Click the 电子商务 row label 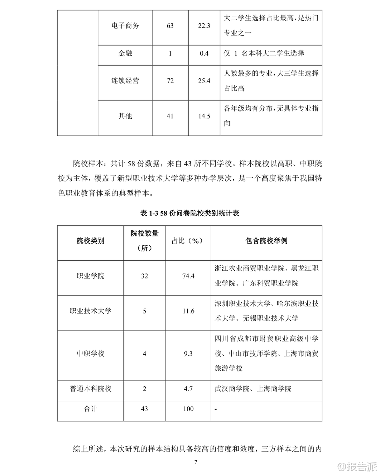125,26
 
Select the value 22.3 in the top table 204,26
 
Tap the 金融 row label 125,54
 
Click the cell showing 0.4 204,54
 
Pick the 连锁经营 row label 125,81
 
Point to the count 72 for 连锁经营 170,81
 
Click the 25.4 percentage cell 204,81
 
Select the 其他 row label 125,116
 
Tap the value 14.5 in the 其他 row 204,116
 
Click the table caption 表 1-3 189,213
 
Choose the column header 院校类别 90,241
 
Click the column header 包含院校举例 266,241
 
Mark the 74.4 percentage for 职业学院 188,276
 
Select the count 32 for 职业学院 144,276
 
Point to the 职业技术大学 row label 90,311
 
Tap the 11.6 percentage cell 188,311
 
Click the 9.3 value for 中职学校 188,354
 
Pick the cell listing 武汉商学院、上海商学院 253,389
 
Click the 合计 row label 90,409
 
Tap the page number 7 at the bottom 196,462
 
